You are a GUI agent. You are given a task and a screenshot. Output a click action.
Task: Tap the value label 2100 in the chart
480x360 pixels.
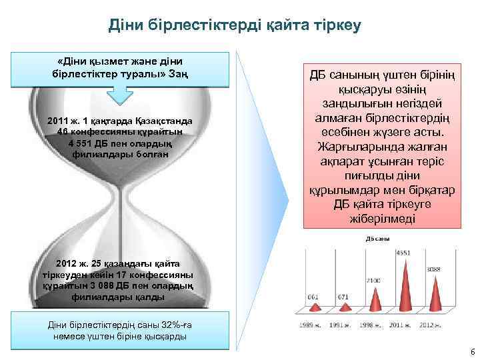373,281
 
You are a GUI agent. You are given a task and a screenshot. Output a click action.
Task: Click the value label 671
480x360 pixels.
343,297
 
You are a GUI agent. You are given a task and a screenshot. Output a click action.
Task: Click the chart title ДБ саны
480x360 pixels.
378,239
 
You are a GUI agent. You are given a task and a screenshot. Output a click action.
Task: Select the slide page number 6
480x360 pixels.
472,351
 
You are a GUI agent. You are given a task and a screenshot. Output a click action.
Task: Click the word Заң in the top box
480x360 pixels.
178,72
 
